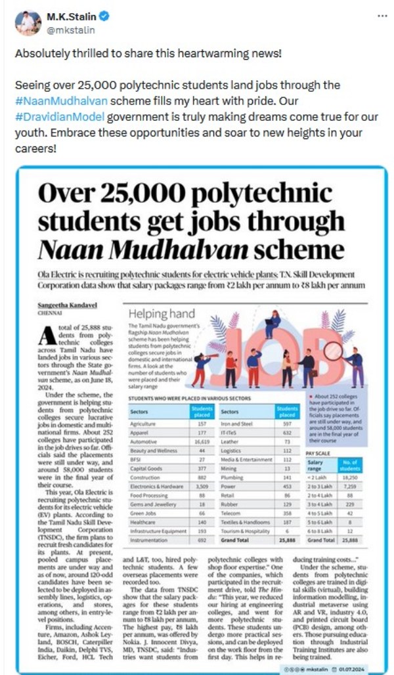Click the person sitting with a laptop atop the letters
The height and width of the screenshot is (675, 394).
point(273,322)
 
